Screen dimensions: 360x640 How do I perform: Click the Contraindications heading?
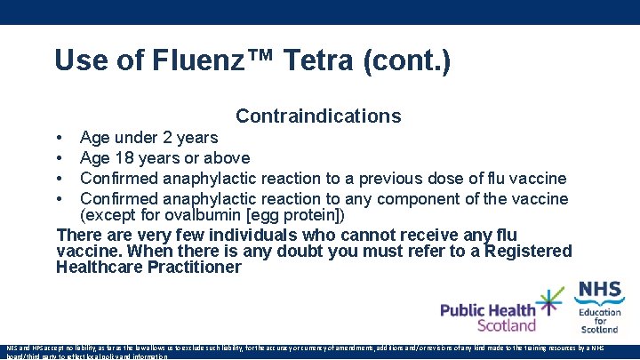[318, 116]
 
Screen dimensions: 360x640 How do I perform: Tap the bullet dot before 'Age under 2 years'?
[59, 138]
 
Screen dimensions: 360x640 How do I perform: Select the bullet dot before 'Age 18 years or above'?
[59, 158]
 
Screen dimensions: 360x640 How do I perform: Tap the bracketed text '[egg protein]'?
[296, 215]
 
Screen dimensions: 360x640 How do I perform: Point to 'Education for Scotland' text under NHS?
[600, 321]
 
